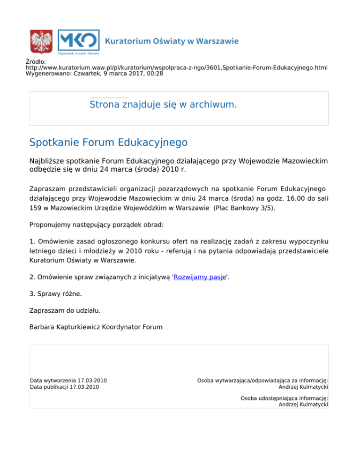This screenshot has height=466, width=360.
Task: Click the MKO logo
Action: (x=78, y=41)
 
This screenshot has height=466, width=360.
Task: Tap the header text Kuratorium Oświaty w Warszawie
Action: (x=172, y=41)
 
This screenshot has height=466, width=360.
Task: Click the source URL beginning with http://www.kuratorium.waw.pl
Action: (x=176, y=68)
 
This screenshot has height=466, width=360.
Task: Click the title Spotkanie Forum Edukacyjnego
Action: (x=108, y=142)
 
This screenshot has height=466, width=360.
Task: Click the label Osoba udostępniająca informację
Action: (x=284, y=398)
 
